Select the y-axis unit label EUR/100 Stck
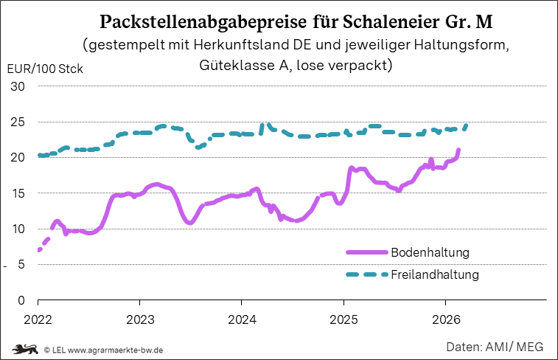(x=43, y=70)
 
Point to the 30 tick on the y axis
(x=18, y=86)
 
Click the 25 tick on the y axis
(x=18, y=122)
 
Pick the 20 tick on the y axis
(x=18, y=157)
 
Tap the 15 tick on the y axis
(x=18, y=193)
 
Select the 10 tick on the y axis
(x=18, y=229)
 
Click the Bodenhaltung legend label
(x=430, y=252)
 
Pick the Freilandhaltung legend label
(x=435, y=274)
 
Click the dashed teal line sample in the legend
(x=366, y=274)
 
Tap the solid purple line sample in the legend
(x=366, y=252)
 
